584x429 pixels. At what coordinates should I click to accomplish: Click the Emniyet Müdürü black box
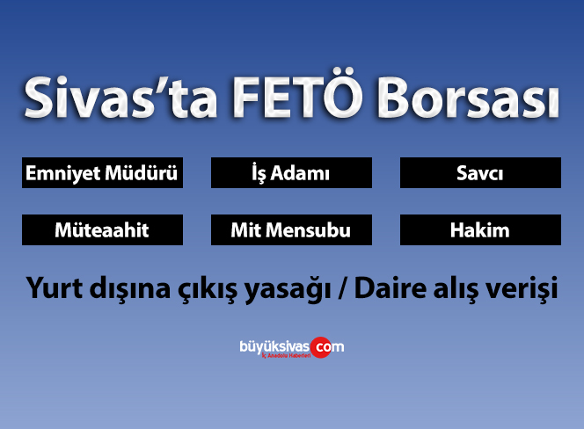102,173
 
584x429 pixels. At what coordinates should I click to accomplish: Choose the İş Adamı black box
291,173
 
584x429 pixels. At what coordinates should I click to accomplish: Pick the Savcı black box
480,173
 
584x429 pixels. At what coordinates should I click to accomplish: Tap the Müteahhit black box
102,230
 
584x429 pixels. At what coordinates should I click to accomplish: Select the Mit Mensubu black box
291,230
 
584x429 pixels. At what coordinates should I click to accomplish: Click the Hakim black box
480,230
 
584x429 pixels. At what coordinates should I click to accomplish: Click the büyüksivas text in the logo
274,345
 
